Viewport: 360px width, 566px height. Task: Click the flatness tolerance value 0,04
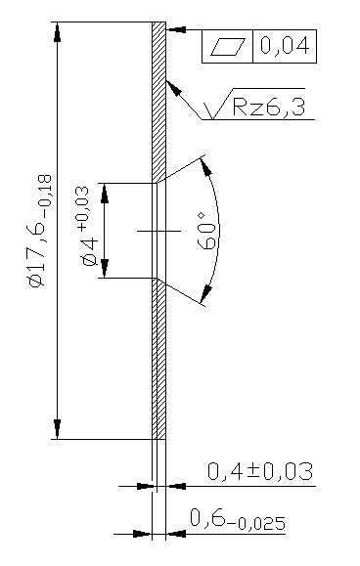(285, 46)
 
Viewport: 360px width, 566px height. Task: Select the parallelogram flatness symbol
(228, 47)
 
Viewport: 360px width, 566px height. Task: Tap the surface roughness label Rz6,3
(269, 107)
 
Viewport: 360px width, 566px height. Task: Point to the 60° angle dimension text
(207, 232)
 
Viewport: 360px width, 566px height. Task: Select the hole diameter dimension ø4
(89, 252)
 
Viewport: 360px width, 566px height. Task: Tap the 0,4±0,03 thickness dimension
(260, 471)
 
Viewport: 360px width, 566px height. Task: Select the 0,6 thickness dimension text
(208, 518)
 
